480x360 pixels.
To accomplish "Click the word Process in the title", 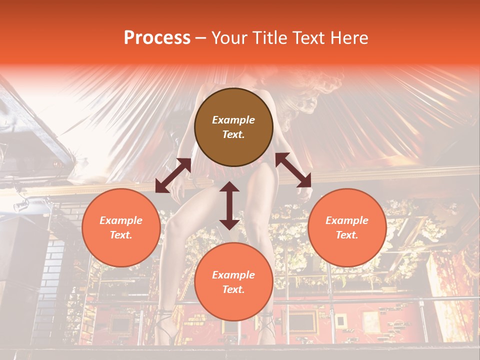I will [157, 38].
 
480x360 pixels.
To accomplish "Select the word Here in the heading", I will [349, 38].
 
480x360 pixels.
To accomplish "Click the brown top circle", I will [233, 127].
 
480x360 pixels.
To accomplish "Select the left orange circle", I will [121, 227].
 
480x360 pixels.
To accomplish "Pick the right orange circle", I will [347, 227].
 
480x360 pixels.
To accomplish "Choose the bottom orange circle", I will [233, 282].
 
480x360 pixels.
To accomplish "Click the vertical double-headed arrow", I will [229, 205].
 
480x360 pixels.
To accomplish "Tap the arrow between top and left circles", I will [173, 175].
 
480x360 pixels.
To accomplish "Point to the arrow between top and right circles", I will [293, 170].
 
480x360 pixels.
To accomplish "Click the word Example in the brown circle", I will [233, 120].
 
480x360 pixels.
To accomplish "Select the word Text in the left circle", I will [121, 235].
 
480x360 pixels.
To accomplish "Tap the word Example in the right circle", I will [347, 220].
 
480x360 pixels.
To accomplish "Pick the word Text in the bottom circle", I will [233, 289].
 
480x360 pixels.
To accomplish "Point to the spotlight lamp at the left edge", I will [21, 204].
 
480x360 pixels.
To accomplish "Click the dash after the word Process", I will [200, 38].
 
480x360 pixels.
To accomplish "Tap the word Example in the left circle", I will [121, 220].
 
